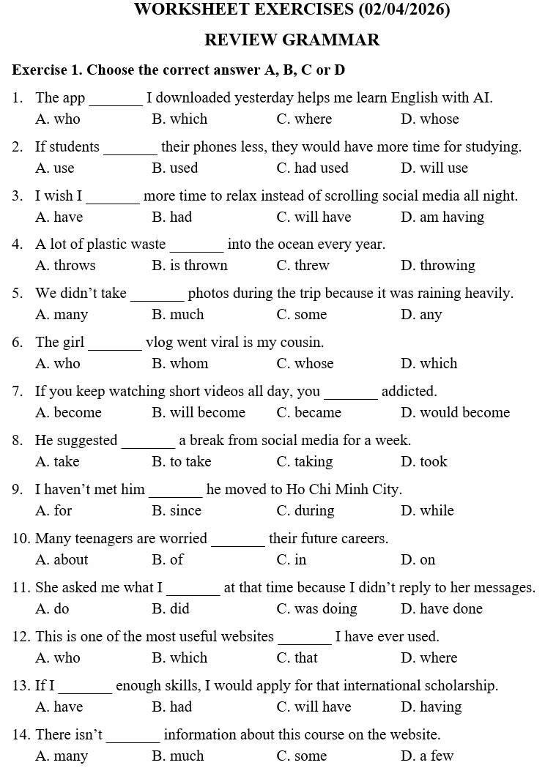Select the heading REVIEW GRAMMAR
(292, 40)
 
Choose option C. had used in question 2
(312, 168)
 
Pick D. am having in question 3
(442, 217)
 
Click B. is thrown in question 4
(190, 265)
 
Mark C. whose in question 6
(305, 363)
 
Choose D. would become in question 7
(455, 412)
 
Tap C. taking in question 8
(304, 461)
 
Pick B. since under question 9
(177, 510)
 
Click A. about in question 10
(62, 559)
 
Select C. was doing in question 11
(316, 608)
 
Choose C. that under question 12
(297, 657)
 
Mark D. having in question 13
(431, 707)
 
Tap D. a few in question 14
(427, 756)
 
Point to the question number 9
(17, 489)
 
